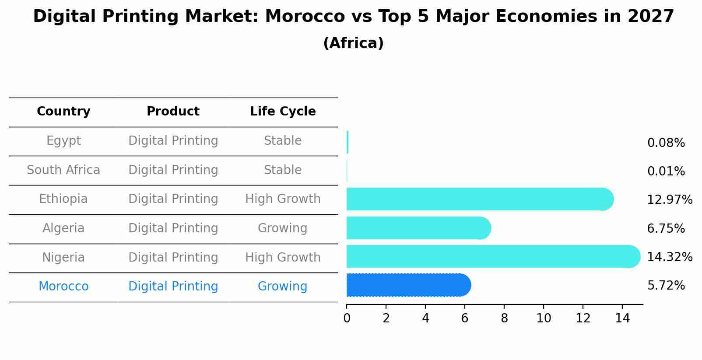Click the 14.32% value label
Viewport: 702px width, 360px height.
669,257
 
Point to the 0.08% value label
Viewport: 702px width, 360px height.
666,143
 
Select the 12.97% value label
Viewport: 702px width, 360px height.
669,200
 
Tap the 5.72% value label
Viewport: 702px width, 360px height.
666,286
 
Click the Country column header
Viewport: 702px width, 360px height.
63,112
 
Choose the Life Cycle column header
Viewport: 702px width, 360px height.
283,112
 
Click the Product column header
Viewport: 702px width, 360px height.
173,112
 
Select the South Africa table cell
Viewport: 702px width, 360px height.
63,170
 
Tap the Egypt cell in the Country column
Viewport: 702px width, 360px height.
63,141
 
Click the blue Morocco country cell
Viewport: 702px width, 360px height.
63,287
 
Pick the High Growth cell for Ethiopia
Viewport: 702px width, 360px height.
283,199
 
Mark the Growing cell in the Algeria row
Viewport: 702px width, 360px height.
282,228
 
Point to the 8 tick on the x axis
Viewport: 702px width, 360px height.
504,318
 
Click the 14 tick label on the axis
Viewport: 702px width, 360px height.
622,318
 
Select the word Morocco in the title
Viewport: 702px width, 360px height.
305,17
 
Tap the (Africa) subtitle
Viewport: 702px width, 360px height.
353,43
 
